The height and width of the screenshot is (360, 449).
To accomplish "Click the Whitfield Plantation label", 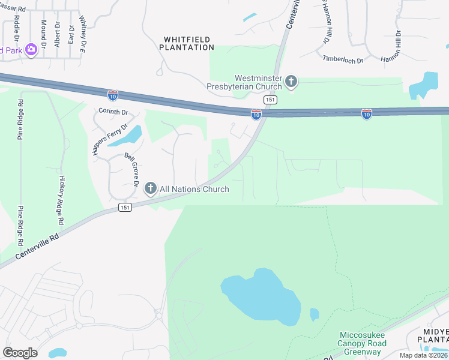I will tap(187, 43).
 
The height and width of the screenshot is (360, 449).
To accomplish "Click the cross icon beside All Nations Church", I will tap(151, 189).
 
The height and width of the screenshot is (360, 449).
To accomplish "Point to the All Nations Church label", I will tap(194, 189).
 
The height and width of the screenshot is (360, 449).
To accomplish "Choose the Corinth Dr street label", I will tap(113, 112).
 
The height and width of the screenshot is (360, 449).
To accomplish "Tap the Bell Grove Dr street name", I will tap(131, 169).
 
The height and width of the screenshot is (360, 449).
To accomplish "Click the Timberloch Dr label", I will tap(343, 59).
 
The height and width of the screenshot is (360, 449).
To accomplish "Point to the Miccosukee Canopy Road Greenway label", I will tap(360, 343).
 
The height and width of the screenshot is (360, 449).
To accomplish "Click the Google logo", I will tap(20, 353).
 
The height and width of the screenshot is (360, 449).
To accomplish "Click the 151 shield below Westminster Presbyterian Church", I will tap(270, 100).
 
